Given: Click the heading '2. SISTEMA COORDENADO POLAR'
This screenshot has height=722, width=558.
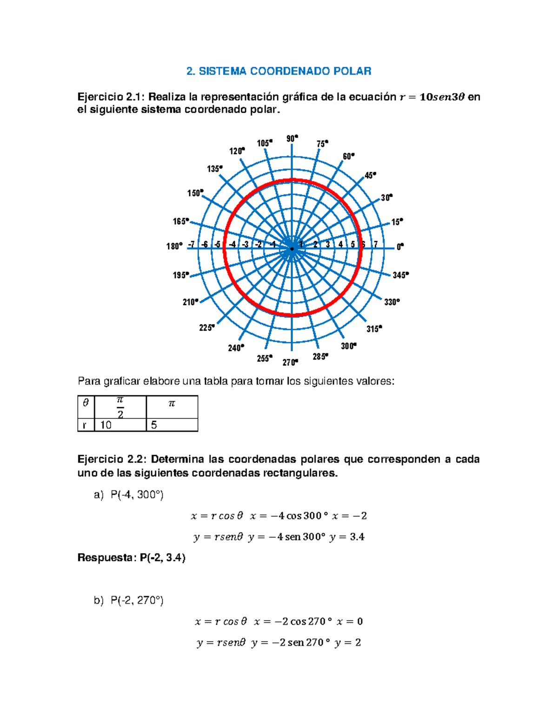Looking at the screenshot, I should (x=279, y=71).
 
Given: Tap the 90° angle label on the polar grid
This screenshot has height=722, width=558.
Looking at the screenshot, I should (x=292, y=139).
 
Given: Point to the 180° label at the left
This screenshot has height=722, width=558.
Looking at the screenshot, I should (x=174, y=246).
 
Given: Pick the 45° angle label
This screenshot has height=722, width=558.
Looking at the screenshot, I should (x=370, y=175).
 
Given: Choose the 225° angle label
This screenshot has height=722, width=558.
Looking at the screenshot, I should (x=207, y=328).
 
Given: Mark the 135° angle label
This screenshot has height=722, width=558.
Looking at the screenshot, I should (x=215, y=169).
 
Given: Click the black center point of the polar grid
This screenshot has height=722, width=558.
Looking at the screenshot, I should (x=292, y=249).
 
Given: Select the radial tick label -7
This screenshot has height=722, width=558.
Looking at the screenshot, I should (x=191, y=245).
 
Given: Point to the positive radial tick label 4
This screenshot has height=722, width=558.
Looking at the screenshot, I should (x=340, y=245).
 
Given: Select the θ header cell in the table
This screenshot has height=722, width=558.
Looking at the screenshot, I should (x=86, y=403).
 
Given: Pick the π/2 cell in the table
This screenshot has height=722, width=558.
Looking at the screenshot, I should (x=120, y=407).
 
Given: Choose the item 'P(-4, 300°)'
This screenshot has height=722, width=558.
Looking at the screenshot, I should (x=137, y=495).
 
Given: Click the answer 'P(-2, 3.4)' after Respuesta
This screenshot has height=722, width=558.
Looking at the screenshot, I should (x=162, y=557).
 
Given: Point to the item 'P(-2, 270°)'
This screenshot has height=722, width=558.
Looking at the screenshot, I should (x=137, y=600).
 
